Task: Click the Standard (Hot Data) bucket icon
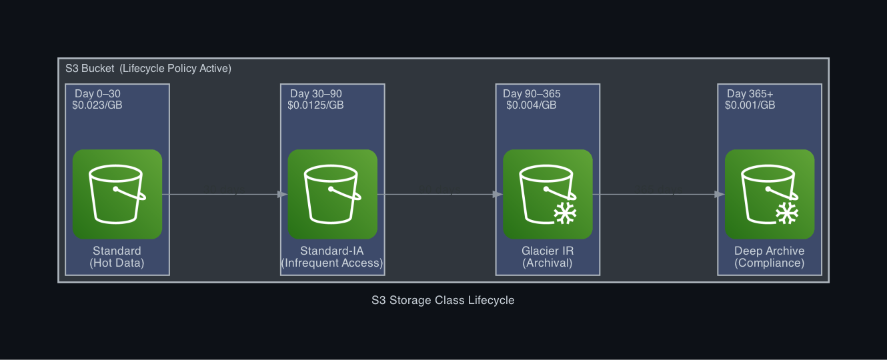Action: tap(117, 194)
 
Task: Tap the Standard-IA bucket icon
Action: tap(332, 194)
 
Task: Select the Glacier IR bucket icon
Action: tap(548, 194)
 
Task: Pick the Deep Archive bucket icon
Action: tap(769, 194)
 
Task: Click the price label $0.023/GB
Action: tap(97, 105)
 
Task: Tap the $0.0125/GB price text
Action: tap(315, 105)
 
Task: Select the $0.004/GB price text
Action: tap(531, 105)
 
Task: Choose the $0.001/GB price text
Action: tap(750, 105)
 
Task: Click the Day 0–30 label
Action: tap(97, 94)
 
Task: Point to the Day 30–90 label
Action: tap(316, 94)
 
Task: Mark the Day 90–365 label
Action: tap(532, 94)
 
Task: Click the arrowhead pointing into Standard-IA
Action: tap(283, 195)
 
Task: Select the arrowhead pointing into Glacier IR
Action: tap(498, 195)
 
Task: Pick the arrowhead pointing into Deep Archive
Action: tap(719, 195)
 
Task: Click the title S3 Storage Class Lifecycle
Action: tap(443, 300)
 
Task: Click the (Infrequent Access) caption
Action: tap(332, 263)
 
